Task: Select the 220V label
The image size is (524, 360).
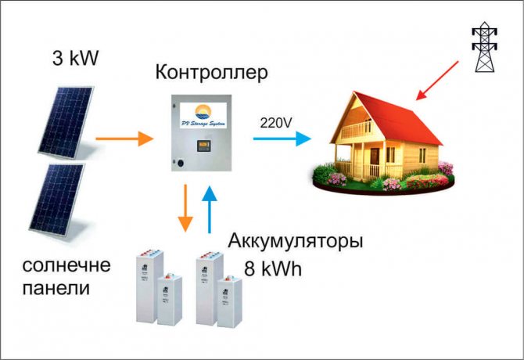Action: (x=275, y=123)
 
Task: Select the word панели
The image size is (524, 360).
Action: (x=56, y=288)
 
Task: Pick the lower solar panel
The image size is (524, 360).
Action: (x=57, y=201)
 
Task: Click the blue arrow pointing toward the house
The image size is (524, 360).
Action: (x=282, y=139)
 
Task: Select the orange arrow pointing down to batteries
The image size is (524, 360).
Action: (x=185, y=207)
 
